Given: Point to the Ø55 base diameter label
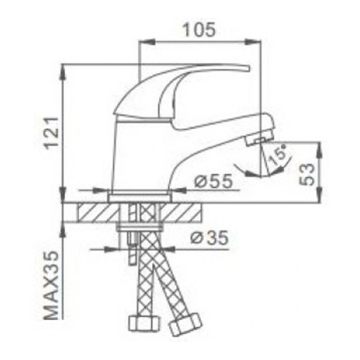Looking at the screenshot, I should click(x=212, y=183).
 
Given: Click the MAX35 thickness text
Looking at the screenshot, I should click(x=50, y=282).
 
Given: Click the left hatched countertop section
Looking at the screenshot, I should click(x=98, y=214).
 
